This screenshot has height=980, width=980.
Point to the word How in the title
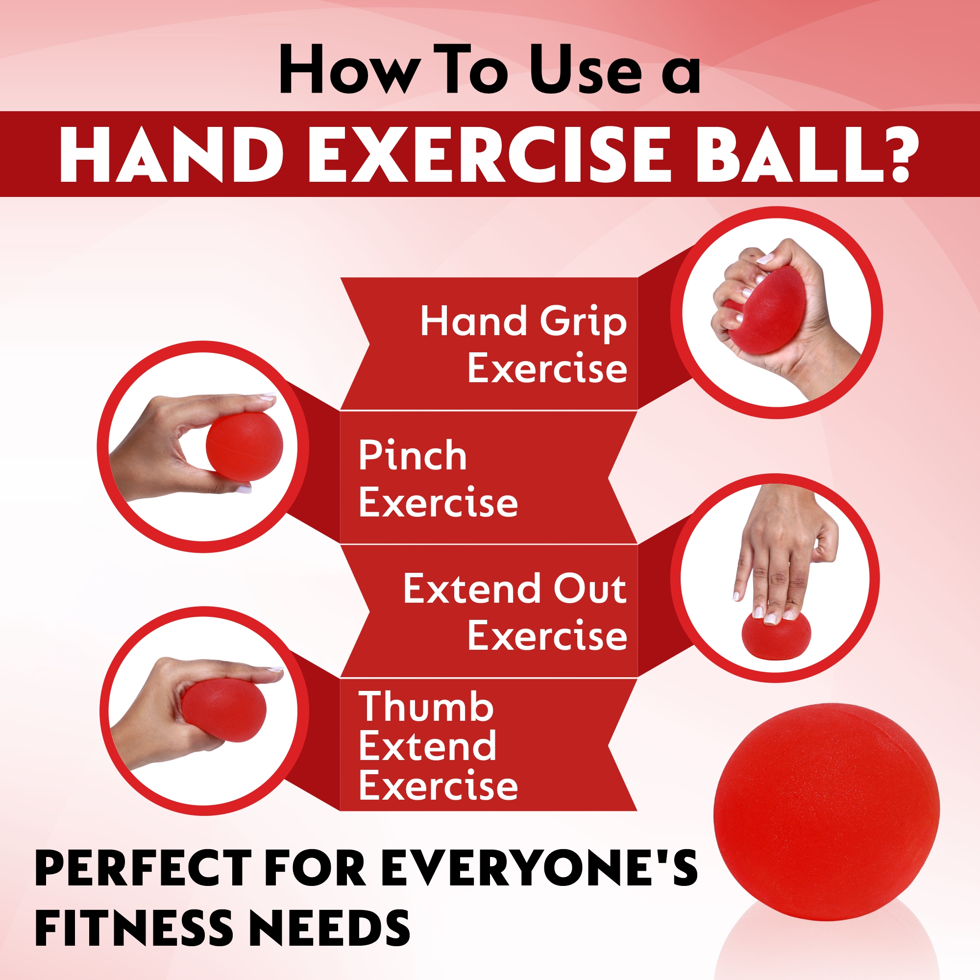point(350,69)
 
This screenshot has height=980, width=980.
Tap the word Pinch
point(413,455)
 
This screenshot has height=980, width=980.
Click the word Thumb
point(426,706)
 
